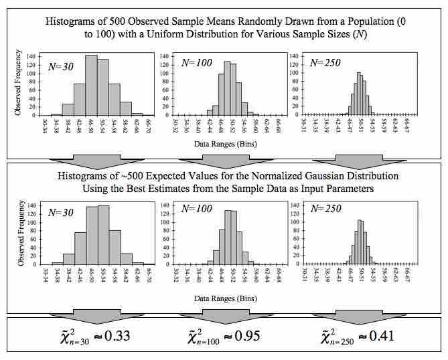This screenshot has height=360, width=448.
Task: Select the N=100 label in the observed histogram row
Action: (196, 64)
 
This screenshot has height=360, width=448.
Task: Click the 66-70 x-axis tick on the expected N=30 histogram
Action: (149, 276)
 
